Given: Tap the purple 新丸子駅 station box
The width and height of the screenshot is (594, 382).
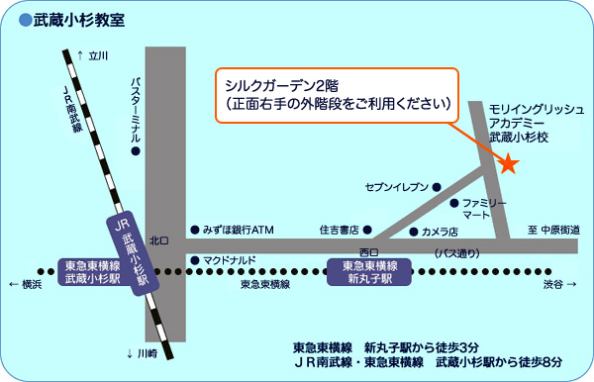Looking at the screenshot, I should (369, 272).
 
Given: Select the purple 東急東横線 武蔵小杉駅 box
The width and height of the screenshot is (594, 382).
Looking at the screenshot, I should (91, 272).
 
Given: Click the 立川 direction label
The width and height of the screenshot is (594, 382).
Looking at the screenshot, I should (97, 56).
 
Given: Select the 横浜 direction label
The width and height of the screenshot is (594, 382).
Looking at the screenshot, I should (26, 284).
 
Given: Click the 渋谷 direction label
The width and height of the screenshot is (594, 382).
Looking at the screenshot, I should (556, 284).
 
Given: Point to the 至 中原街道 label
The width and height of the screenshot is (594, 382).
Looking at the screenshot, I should (553, 230).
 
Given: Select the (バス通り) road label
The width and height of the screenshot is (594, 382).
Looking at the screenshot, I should (456, 253).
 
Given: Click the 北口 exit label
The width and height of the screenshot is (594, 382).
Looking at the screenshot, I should (159, 239).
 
